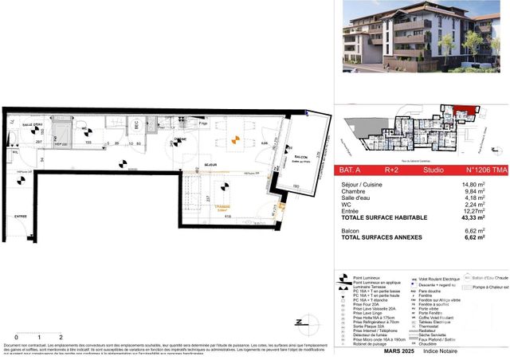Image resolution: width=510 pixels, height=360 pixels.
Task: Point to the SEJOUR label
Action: (x=210, y=166)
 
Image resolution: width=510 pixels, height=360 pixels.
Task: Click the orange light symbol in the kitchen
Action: (x=234, y=141)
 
